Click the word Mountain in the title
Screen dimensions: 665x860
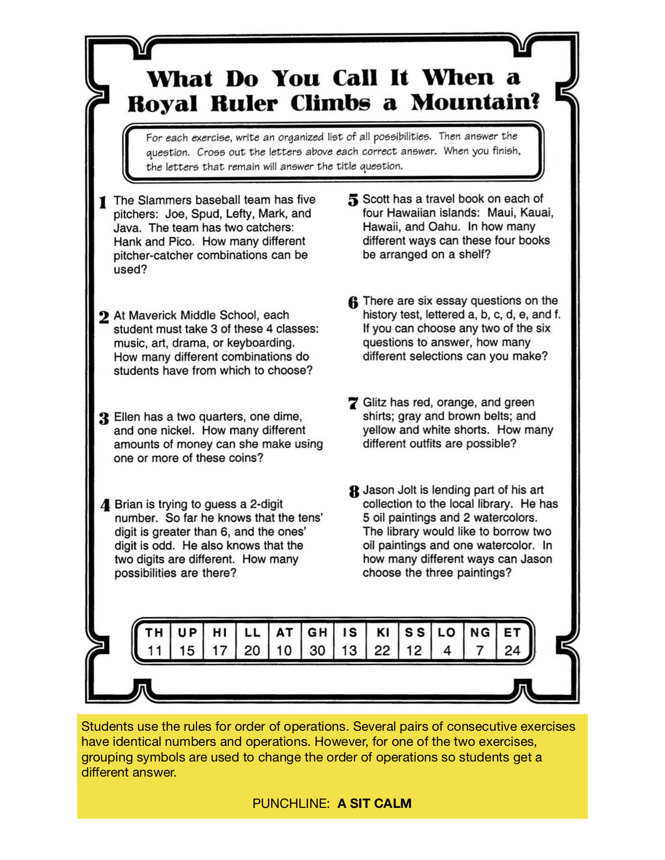[x=474, y=102]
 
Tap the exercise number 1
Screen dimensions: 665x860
[x=103, y=202]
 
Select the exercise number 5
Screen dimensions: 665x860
[x=353, y=200]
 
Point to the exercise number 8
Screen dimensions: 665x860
[x=354, y=491]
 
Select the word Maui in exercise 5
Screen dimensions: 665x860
[x=501, y=213]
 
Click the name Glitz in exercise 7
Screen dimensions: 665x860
[x=374, y=402]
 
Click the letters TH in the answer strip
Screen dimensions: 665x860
[x=154, y=633]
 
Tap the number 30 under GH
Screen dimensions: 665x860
[x=317, y=650]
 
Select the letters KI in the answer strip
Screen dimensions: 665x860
[x=383, y=633]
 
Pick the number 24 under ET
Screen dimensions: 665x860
[x=512, y=650]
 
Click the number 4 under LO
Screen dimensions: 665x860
[x=447, y=650]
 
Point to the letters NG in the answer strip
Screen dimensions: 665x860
[x=480, y=633]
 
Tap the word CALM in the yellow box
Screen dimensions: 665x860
[x=393, y=803]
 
